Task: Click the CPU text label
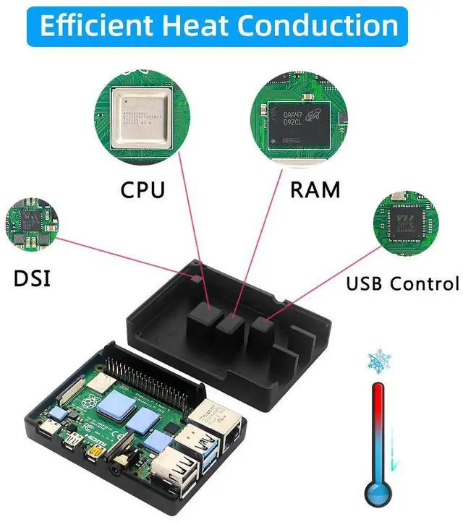coord(142,190)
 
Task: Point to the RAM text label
coord(315,190)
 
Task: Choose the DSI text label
coord(32,278)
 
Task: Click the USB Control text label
coord(402,283)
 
